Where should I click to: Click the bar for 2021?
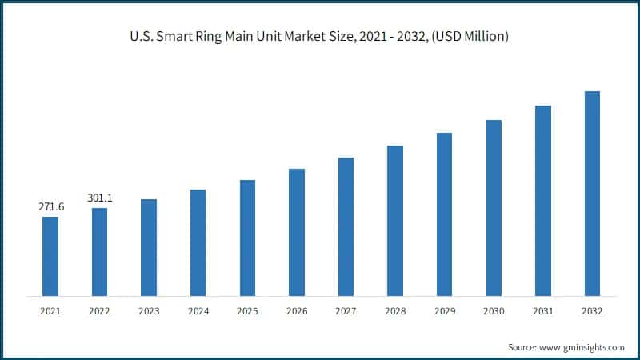pos(50,256)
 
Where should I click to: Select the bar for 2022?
pos(99,252)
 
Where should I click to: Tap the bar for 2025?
pos(247,238)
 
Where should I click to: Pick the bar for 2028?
pos(395,221)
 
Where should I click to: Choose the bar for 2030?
pos(494,208)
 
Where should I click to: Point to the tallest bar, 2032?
pos(592,194)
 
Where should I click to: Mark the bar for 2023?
pos(149,247)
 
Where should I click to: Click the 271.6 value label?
pos(51,207)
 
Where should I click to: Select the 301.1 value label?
pos(100,198)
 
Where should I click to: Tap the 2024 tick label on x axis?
pos(198,310)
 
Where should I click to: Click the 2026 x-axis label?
pos(297,310)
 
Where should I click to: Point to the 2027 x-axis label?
pos(346,310)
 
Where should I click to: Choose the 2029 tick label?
pos(444,310)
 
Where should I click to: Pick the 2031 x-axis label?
pos(543,310)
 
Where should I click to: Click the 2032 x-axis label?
pos(592,310)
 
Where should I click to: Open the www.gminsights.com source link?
pos(582,347)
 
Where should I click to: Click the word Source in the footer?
pos(522,347)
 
